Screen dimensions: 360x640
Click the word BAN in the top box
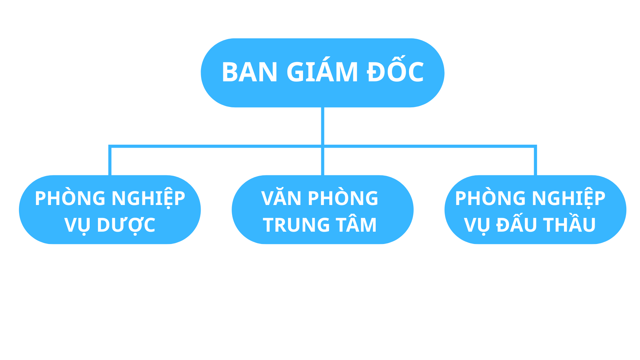249,72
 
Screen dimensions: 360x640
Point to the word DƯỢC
126,225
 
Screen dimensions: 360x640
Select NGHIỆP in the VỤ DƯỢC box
148,198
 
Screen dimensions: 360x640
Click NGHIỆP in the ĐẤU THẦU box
569,198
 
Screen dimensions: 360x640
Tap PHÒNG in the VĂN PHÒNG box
343,198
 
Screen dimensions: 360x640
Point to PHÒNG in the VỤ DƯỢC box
70,198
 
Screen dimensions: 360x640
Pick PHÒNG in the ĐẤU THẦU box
490,198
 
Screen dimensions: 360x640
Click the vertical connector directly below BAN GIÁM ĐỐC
323,126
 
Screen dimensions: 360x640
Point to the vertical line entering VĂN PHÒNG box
323,162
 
